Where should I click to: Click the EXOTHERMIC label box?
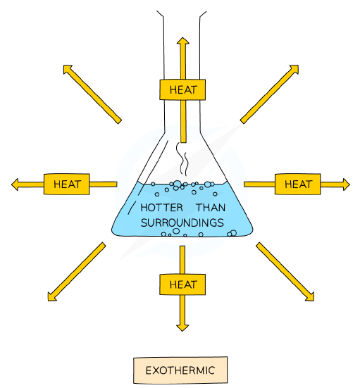[180, 370]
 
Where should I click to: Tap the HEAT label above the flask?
[182, 89]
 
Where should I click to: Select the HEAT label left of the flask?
[66, 184]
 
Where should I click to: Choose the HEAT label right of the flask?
[297, 184]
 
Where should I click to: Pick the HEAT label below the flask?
[182, 284]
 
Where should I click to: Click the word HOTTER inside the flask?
[161, 208]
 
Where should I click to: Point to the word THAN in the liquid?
[211, 208]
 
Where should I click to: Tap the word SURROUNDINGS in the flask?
[182, 223]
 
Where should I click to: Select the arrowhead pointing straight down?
[182, 327]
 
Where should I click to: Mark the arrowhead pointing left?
[15, 184]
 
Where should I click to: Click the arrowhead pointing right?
[346, 184]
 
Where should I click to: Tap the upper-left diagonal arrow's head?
[67, 69]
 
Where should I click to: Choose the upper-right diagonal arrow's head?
[294, 69]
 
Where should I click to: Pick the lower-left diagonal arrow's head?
[51, 297]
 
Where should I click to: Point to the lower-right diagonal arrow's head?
[310, 297]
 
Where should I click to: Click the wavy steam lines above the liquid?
[182, 158]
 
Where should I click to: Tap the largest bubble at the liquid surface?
[178, 184]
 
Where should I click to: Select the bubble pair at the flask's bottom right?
[232, 233]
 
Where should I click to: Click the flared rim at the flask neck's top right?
[202, 14]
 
